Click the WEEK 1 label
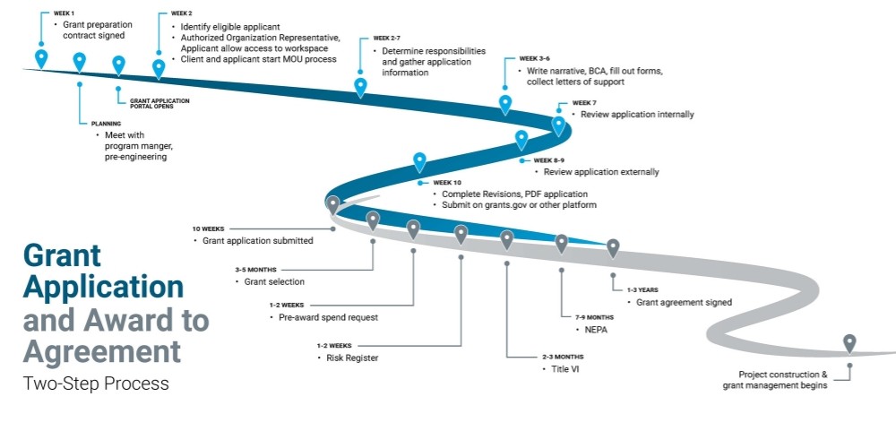pos(63,14)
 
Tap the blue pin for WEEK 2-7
pos(360,87)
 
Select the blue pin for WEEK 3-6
pos(505,105)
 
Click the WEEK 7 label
pos(583,103)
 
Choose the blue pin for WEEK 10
pos(419,162)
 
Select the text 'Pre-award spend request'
pos(328,317)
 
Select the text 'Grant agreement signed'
pos(684,302)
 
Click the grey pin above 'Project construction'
pos(849,342)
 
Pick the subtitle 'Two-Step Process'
pos(96,384)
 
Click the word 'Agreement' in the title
pos(101,349)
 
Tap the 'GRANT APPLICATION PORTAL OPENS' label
pos(159,103)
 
